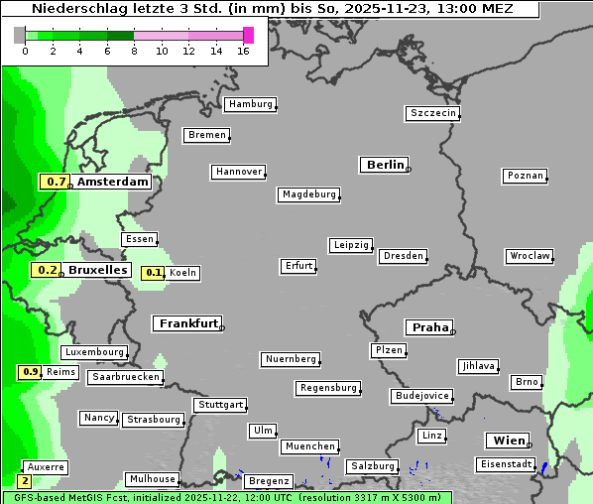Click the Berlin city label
pyautogui.click(x=385, y=165)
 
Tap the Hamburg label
pyautogui.click(x=250, y=104)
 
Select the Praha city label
pyautogui.click(x=429, y=327)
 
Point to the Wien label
pyautogui.click(x=506, y=441)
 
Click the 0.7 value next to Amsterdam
pyautogui.click(x=56, y=182)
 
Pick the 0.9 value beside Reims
pyautogui.click(x=30, y=372)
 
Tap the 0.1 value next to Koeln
pyautogui.click(x=154, y=273)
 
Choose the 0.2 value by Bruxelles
pyautogui.click(x=46, y=270)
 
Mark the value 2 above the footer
pyautogui.click(x=25, y=480)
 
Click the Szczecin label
pyautogui.click(x=433, y=113)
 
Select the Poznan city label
pyautogui.click(x=526, y=176)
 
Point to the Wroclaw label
pyautogui.click(x=530, y=256)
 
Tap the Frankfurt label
pyautogui.click(x=187, y=323)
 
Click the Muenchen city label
pyautogui.click(x=309, y=446)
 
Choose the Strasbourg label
pyautogui.click(x=154, y=420)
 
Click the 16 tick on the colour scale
pyautogui.click(x=242, y=51)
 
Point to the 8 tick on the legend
pyautogui.click(x=134, y=51)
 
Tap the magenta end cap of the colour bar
pyautogui.click(x=248, y=35)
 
